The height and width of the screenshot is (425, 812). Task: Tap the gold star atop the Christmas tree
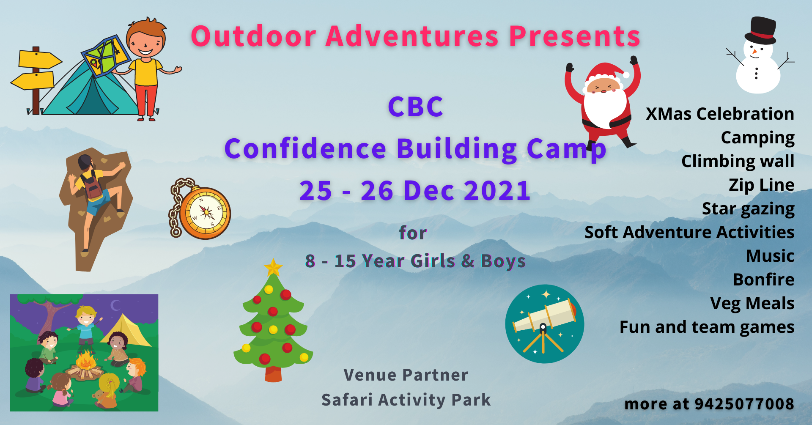[x=273, y=267]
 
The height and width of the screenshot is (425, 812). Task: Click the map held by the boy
[x=106, y=56]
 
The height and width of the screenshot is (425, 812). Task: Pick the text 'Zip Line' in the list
[x=761, y=185]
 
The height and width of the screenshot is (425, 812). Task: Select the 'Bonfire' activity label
[x=763, y=280]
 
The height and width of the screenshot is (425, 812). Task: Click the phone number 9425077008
[x=744, y=404]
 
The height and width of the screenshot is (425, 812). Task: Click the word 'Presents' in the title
[x=575, y=36]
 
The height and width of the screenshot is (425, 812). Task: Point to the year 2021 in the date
[x=497, y=190]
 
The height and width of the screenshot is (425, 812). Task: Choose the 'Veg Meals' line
[x=752, y=303]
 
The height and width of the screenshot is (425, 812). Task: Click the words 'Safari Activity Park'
[x=406, y=400]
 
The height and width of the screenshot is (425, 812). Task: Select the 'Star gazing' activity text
[x=748, y=208]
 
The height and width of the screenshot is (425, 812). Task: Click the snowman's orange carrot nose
[x=754, y=52]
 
